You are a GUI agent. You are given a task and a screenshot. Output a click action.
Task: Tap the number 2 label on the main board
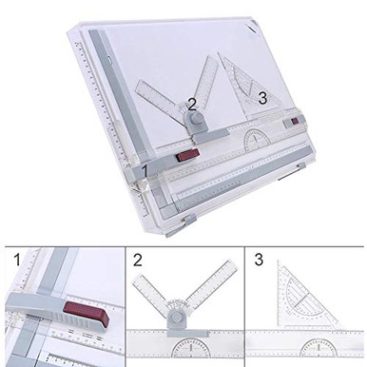tap(192, 104)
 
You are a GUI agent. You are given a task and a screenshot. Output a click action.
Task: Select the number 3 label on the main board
tap(262, 96)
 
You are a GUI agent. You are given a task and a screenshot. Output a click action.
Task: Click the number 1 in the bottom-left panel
tap(14, 259)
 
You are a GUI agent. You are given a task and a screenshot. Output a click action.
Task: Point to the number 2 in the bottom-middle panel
tap(137, 259)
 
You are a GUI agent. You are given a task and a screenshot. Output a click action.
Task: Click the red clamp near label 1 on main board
tap(187, 152)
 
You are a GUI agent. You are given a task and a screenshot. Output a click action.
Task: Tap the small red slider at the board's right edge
tap(296, 122)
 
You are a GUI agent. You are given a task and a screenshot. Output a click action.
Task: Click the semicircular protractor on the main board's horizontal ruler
tap(259, 140)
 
